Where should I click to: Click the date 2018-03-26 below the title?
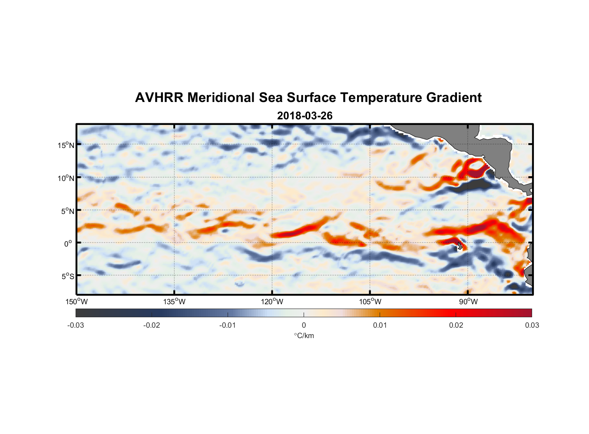point(304,116)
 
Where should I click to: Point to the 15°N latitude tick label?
point(66,145)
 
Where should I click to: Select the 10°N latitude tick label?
point(66,178)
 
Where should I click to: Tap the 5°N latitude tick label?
point(67,211)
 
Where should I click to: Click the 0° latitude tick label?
point(68,243)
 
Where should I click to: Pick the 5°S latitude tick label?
point(67,276)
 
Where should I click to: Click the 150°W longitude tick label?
point(77,302)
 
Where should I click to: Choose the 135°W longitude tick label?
point(175,302)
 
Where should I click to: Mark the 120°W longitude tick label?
point(272,302)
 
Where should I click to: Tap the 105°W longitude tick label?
point(370,302)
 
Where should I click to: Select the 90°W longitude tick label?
point(468,302)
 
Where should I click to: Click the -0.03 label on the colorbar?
point(76,325)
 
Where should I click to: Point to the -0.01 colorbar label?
point(228,325)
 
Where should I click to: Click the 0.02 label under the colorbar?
point(456,325)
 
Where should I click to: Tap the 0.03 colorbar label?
point(532,325)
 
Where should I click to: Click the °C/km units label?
point(304,335)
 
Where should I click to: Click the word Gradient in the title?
point(454,98)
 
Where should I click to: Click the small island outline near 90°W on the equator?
point(460,246)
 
